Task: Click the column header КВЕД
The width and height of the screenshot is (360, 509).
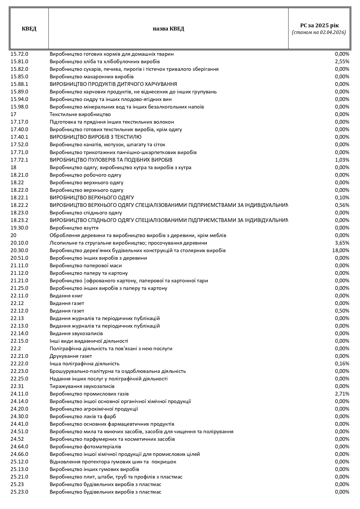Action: [x=29, y=29]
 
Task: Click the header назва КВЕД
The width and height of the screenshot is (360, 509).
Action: [x=168, y=29]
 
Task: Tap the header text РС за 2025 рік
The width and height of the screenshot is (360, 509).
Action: [x=319, y=26]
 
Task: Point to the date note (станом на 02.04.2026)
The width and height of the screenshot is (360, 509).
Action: [x=319, y=33]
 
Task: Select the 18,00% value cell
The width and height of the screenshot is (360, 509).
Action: [x=341, y=250]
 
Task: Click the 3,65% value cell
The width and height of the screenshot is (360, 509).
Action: [x=342, y=243]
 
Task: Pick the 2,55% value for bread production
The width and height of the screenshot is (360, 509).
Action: [x=342, y=62]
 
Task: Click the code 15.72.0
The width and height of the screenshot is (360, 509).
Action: [x=19, y=54]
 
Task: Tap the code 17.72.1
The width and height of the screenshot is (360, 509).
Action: [x=19, y=160]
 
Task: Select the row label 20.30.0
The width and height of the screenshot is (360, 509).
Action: [x=19, y=250]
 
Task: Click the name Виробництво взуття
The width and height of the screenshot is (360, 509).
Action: [x=74, y=228]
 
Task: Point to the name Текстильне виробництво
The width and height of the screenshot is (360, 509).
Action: [x=80, y=114]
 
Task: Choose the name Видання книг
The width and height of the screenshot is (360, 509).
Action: [x=66, y=296]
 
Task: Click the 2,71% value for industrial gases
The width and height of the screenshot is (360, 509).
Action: [x=342, y=394]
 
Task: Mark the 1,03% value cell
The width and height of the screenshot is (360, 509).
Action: [x=342, y=160]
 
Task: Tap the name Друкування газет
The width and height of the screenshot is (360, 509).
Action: [x=71, y=356]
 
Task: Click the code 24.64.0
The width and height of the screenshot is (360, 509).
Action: [x=19, y=447]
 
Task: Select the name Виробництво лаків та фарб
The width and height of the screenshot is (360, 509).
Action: [x=83, y=416]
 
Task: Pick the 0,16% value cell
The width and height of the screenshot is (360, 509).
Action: [x=342, y=364]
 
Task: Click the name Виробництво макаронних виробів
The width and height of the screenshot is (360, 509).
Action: [x=92, y=77]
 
